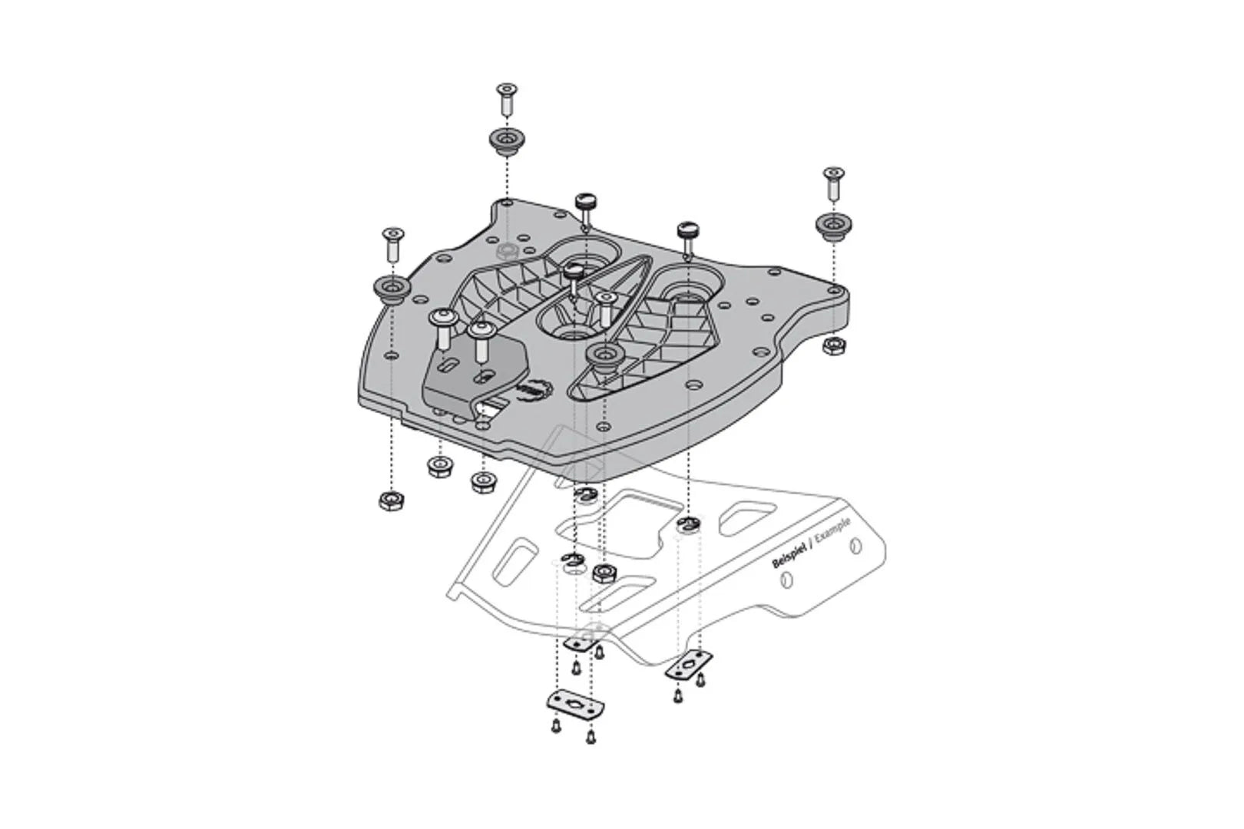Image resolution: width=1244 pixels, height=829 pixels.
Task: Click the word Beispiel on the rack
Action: pyautogui.click(x=791, y=556)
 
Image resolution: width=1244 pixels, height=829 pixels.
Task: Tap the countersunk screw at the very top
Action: pyautogui.click(x=505, y=97)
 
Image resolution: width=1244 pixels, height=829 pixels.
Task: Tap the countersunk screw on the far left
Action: pyautogui.click(x=392, y=243)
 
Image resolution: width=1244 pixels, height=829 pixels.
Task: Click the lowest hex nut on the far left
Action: pyautogui.click(x=392, y=501)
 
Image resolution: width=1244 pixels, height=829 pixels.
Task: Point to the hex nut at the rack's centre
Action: pyautogui.click(x=603, y=572)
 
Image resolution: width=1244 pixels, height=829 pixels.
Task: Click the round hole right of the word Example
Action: pyautogui.click(x=857, y=547)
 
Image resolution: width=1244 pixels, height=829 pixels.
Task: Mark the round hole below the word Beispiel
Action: pyautogui.click(x=786, y=581)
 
